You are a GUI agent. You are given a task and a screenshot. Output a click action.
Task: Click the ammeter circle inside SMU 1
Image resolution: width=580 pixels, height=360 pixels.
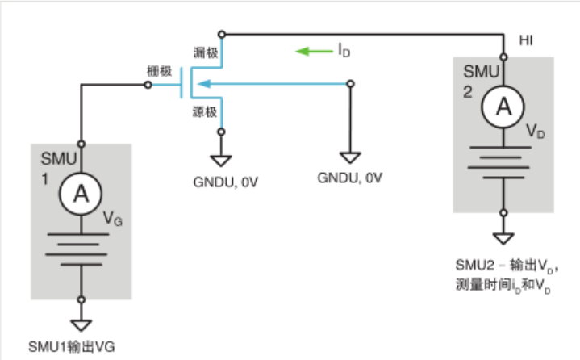click(x=81, y=192)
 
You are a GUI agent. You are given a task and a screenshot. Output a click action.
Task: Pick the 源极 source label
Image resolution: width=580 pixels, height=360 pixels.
click(x=205, y=111)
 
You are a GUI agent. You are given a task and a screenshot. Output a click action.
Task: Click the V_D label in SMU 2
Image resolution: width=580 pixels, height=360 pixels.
click(x=534, y=132)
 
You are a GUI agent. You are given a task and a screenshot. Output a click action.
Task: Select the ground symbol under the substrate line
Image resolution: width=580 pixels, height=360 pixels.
click(x=349, y=158)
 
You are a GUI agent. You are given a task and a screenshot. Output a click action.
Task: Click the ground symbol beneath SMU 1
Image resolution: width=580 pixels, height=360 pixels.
click(x=81, y=324)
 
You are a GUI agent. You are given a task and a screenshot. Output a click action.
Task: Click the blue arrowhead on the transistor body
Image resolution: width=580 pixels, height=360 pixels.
click(x=206, y=83)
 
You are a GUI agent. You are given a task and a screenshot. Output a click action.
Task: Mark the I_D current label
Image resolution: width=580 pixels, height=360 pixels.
click(x=344, y=52)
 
